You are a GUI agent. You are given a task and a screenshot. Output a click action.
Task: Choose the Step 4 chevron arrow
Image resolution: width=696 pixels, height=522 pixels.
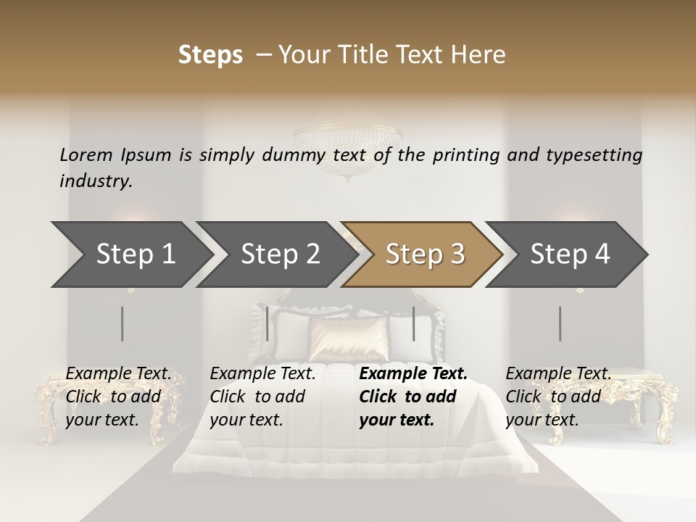pos(569,254)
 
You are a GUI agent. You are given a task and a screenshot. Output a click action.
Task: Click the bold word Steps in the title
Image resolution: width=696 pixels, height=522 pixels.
pos(210,55)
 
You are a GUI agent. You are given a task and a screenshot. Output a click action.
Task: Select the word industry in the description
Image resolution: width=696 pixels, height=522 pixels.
pos(96,181)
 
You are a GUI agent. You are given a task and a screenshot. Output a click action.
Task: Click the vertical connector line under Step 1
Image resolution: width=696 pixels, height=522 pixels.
pos(122,323)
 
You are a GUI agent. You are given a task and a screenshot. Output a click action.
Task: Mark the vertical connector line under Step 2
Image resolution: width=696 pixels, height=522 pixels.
pos(268,323)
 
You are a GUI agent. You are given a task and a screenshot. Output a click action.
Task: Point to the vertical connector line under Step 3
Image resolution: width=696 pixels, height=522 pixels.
pos(414,323)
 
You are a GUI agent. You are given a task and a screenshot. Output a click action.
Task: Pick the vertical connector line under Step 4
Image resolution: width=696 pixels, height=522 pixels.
pos(560,323)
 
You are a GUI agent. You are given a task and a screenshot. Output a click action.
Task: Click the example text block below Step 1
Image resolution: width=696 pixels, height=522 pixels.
pos(118,397)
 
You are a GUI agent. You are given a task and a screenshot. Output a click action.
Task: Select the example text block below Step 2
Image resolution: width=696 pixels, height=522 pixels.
pos(262,397)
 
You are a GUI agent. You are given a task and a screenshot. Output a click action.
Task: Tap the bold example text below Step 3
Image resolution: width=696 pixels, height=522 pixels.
pos(413,397)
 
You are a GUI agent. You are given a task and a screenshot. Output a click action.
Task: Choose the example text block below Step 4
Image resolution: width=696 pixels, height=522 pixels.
pos(558,397)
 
